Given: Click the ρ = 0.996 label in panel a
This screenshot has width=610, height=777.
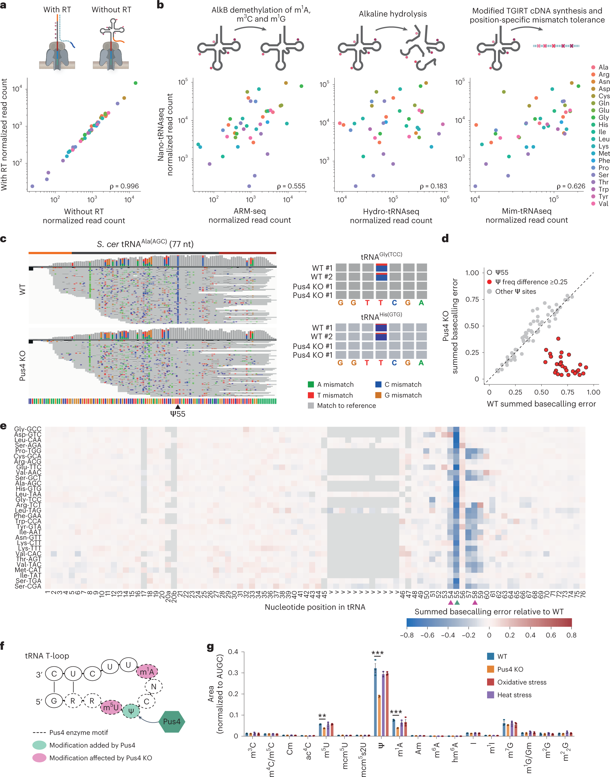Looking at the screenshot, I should click(x=124, y=186).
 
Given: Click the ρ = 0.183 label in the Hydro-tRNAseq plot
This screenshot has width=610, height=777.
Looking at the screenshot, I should click(x=433, y=186).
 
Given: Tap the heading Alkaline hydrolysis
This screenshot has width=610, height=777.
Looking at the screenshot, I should click(x=393, y=14).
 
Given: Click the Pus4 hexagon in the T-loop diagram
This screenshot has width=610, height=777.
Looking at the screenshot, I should click(x=171, y=722).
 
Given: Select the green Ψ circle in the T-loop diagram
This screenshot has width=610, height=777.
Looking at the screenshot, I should click(x=131, y=711).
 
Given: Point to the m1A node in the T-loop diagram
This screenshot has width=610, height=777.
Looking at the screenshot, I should click(x=147, y=672).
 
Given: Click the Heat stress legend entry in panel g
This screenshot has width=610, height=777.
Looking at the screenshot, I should click(x=514, y=695).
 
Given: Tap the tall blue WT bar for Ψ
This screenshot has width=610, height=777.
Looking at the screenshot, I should click(x=375, y=702).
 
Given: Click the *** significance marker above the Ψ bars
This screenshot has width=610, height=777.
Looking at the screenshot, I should click(x=377, y=653).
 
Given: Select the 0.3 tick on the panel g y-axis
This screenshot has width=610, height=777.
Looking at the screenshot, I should click(x=233, y=673).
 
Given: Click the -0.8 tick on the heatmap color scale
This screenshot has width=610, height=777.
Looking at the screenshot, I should click(x=407, y=635).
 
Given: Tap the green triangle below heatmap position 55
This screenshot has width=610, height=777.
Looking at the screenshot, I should click(x=457, y=603).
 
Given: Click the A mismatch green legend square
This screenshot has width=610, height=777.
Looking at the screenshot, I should click(x=311, y=384).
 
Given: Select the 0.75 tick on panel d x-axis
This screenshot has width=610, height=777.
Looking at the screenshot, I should click(x=567, y=392).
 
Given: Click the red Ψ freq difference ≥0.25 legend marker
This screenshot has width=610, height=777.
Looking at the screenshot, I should click(x=489, y=282).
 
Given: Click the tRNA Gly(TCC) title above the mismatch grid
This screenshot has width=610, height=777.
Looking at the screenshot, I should click(x=381, y=257).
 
